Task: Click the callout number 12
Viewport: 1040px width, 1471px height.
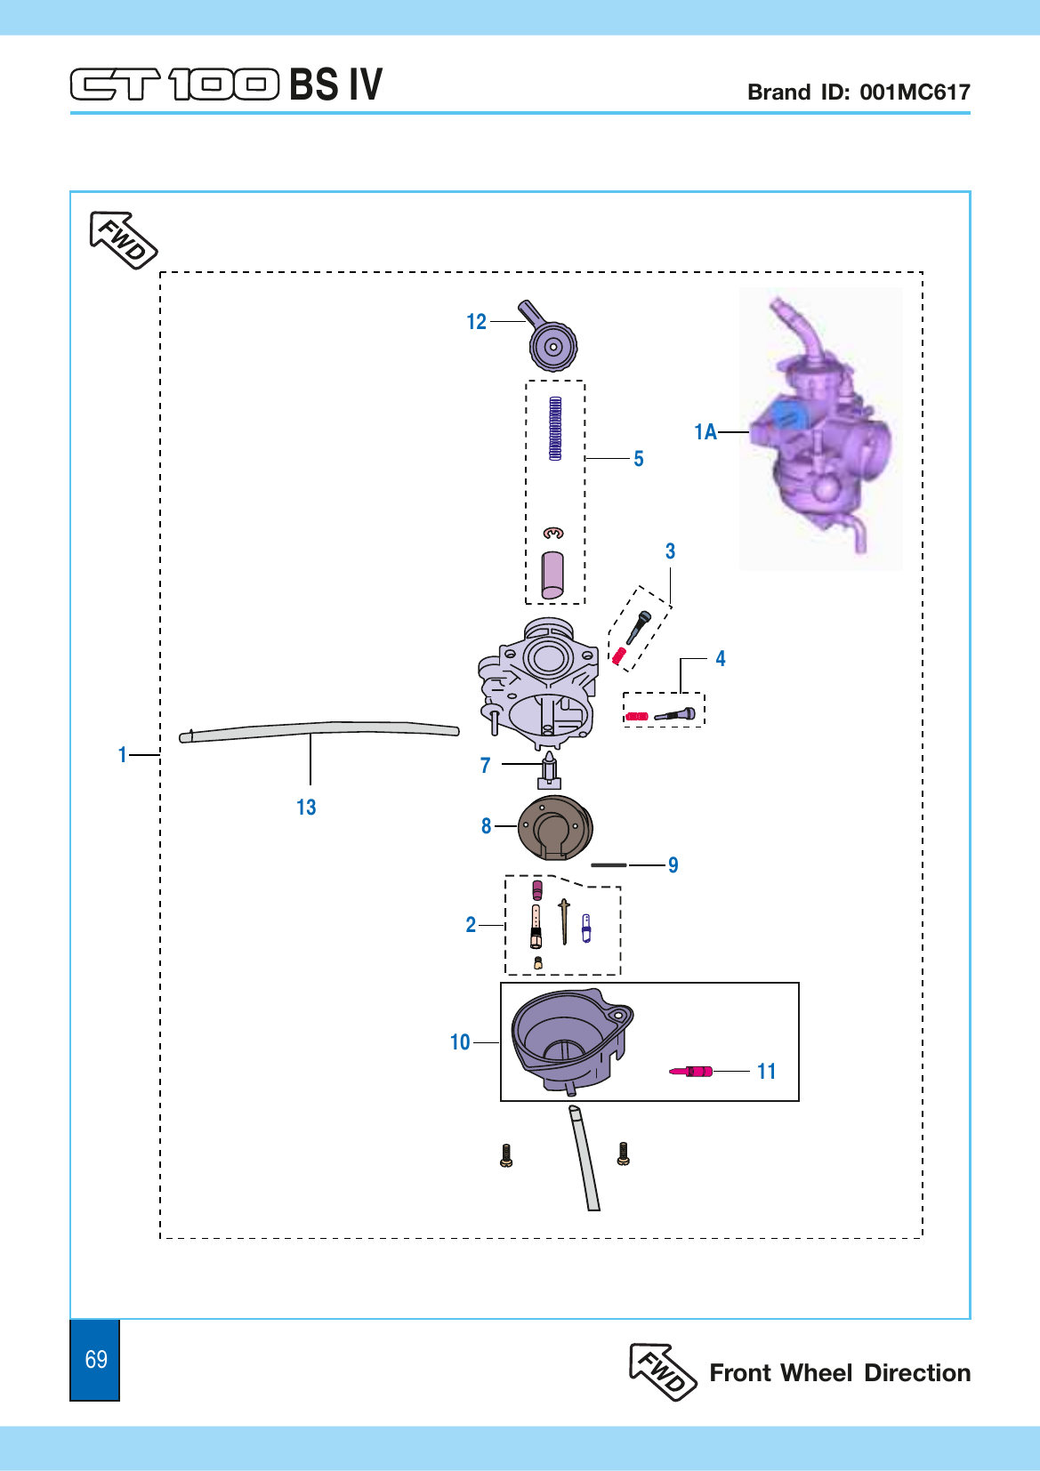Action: pyautogui.click(x=476, y=322)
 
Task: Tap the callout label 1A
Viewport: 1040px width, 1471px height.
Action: pyautogui.click(x=705, y=431)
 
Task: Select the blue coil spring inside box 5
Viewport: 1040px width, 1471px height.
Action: pyautogui.click(x=555, y=428)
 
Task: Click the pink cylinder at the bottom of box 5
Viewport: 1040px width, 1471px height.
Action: pyautogui.click(x=552, y=575)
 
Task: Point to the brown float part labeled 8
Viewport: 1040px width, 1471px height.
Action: pyautogui.click(x=555, y=827)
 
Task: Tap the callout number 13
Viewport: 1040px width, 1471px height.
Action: pyautogui.click(x=306, y=807)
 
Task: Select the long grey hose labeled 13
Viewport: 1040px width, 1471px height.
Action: pyautogui.click(x=319, y=731)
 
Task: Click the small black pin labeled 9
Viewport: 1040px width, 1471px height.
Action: pyautogui.click(x=609, y=864)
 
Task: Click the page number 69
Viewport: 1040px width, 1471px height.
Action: pyautogui.click(x=96, y=1359)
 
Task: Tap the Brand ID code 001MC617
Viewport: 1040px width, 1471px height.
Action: pyautogui.click(x=915, y=92)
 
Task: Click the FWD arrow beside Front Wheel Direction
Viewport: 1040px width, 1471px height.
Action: pyautogui.click(x=662, y=1372)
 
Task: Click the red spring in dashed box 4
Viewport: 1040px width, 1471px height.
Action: pyautogui.click(x=637, y=716)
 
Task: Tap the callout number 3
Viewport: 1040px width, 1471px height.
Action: pyautogui.click(x=670, y=551)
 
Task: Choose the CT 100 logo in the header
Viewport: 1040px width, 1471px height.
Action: pyautogui.click(x=174, y=84)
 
